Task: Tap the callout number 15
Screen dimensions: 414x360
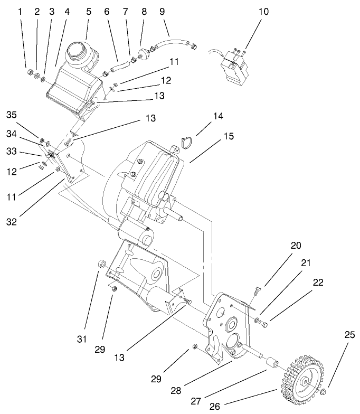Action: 228,136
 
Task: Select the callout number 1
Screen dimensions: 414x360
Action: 22,11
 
